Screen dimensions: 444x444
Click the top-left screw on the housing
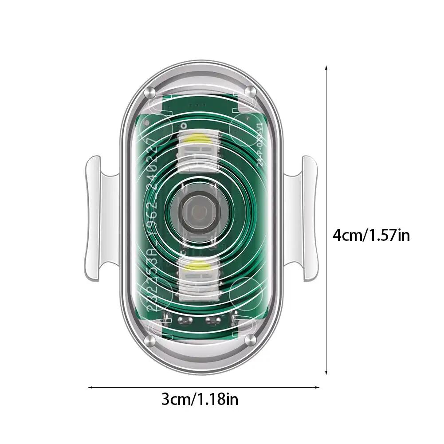149,92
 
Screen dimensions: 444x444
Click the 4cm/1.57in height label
371,235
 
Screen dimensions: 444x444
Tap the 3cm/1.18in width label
200,399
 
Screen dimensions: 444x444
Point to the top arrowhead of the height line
326,67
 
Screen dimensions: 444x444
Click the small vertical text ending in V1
260,140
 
